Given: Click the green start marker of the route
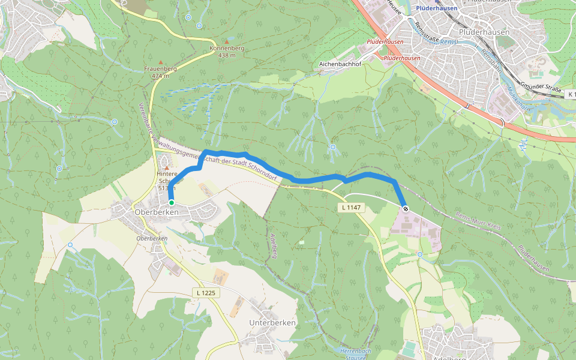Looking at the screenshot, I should coord(171,203).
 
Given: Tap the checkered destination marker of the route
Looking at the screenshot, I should coord(406,209).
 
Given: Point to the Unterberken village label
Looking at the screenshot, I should coord(272,323).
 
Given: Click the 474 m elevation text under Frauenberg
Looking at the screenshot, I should coord(160,76).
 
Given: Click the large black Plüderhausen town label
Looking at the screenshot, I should coord(484,32).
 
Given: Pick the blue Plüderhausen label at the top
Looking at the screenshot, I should coord(436,8).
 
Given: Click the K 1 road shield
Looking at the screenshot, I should coord(570,94).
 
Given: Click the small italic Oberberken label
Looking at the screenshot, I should coord(152,238).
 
